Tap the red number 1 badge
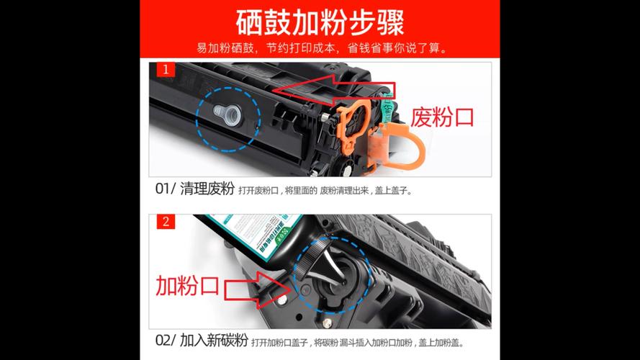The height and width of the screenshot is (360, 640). (166, 71)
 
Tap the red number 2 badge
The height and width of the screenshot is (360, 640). (166, 222)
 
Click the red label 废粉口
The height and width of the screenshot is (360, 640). (443, 117)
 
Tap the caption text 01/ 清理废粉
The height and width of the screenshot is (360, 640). (195, 190)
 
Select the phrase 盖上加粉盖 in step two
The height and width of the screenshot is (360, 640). (441, 343)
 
